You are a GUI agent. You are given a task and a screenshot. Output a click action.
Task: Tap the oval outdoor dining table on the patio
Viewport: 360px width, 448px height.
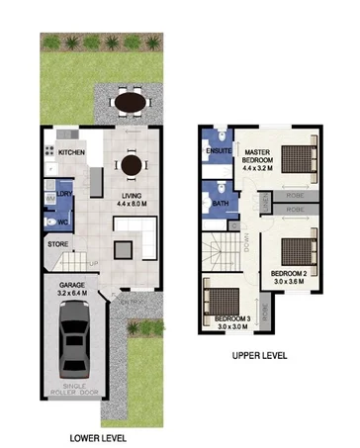(x=129, y=101)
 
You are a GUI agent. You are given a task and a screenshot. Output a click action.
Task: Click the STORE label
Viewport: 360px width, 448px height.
(x=58, y=243)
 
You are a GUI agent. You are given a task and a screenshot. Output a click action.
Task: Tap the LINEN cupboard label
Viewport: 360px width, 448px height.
(x=265, y=203)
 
